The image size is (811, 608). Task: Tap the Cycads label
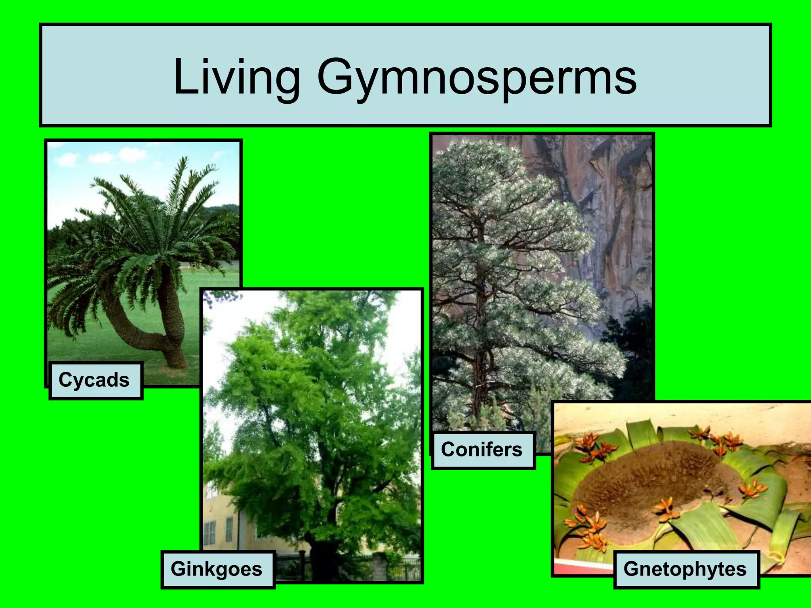(x=94, y=380)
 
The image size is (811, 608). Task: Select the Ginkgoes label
(x=217, y=569)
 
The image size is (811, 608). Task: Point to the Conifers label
(x=482, y=450)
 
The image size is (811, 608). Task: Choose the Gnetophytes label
(x=685, y=569)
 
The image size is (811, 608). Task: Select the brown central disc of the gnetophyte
(x=649, y=487)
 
